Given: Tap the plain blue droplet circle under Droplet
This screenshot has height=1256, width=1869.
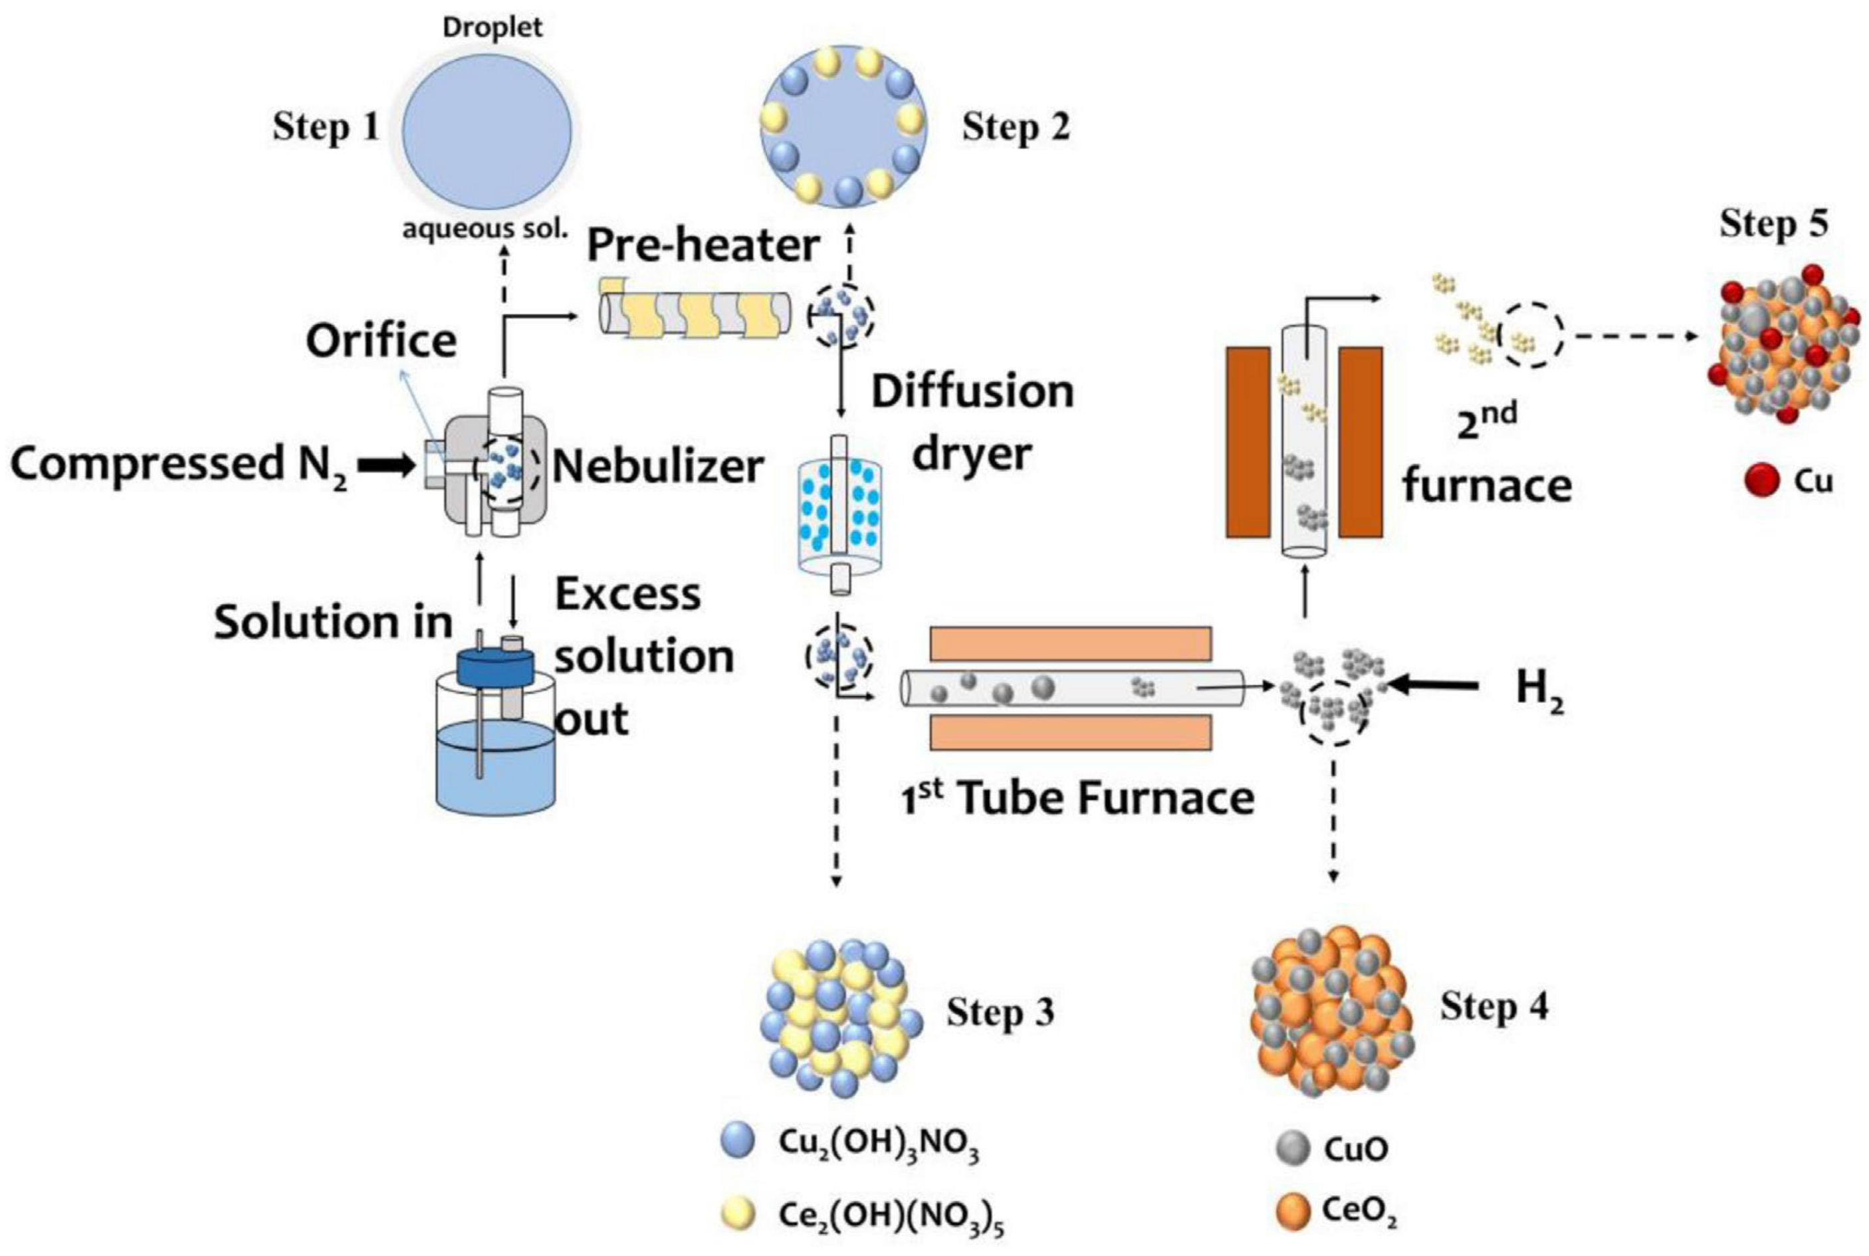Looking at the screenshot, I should [487, 132].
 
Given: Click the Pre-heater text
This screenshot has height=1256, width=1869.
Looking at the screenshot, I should [703, 245].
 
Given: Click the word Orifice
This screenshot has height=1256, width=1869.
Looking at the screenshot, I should [382, 341].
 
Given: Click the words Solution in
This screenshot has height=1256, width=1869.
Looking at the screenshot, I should [332, 623].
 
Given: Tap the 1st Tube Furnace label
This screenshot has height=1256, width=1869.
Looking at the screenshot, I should [1077, 799].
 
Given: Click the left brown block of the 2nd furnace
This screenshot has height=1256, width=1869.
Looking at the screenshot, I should [1248, 441].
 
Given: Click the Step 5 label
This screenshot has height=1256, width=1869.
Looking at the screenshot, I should [1774, 225].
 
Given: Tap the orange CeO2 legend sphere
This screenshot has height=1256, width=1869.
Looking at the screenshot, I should [1292, 1213].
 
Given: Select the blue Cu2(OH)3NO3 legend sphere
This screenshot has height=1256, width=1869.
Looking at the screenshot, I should [737, 1140].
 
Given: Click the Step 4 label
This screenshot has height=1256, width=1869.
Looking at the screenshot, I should [1493, 1006].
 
